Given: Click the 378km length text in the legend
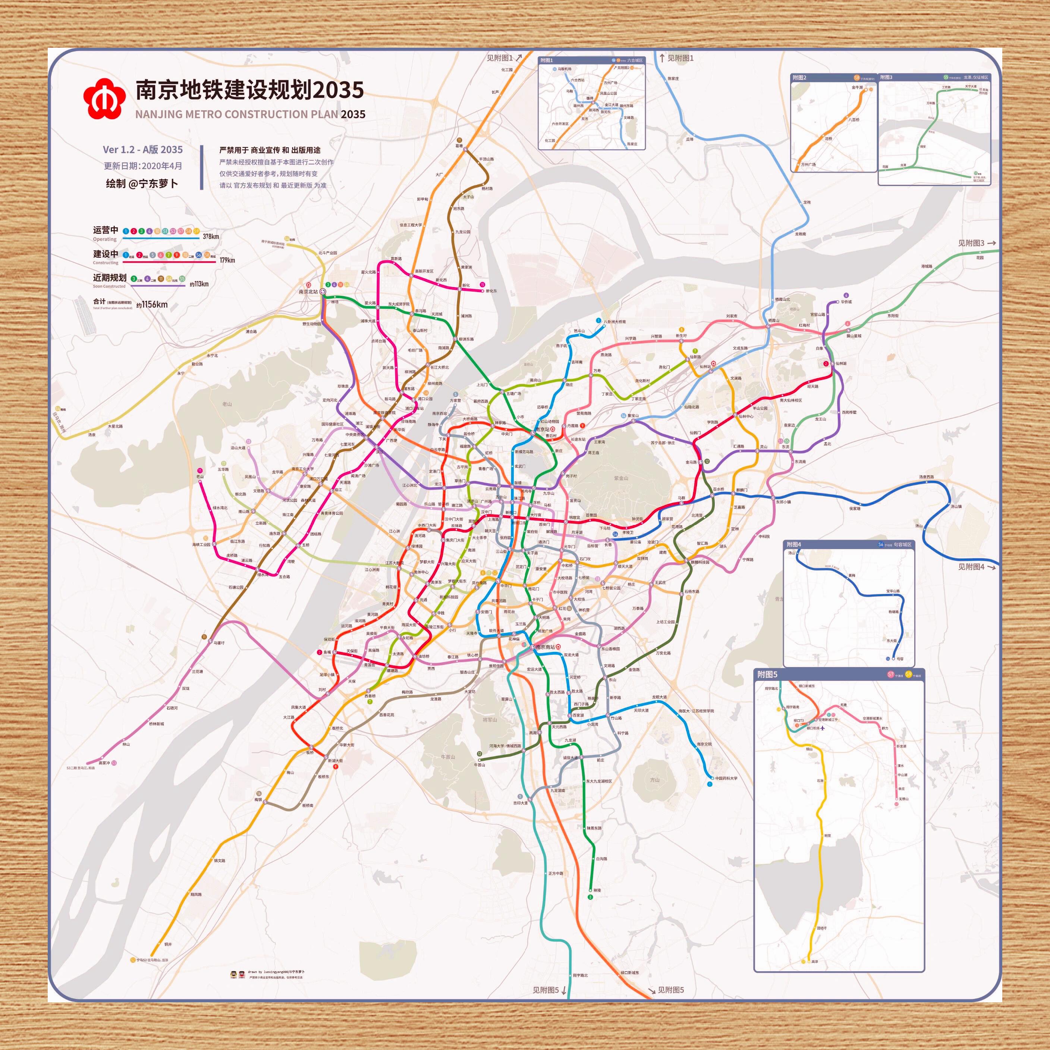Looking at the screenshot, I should coord(211,236).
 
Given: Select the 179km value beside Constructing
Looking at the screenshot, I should coord(227,260).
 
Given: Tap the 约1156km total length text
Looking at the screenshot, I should coord(152,305).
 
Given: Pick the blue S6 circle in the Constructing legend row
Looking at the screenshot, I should coord(199,255).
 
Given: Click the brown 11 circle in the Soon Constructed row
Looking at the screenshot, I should coord(161,279).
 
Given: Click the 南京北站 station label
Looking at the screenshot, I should coord(308,292).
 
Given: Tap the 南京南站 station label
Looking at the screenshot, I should coord(545,647).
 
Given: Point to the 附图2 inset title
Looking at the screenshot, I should coord(799,78).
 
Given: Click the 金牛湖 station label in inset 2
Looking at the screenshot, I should coord(857,88).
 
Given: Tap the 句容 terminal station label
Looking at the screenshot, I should coord(900,659).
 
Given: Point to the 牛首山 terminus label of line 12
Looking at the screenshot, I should coord(480,765).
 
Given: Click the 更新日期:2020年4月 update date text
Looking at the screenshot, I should coord(143,166).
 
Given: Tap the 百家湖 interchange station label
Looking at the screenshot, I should coord(578,715).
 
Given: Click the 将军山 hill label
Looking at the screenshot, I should coord(490,720).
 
